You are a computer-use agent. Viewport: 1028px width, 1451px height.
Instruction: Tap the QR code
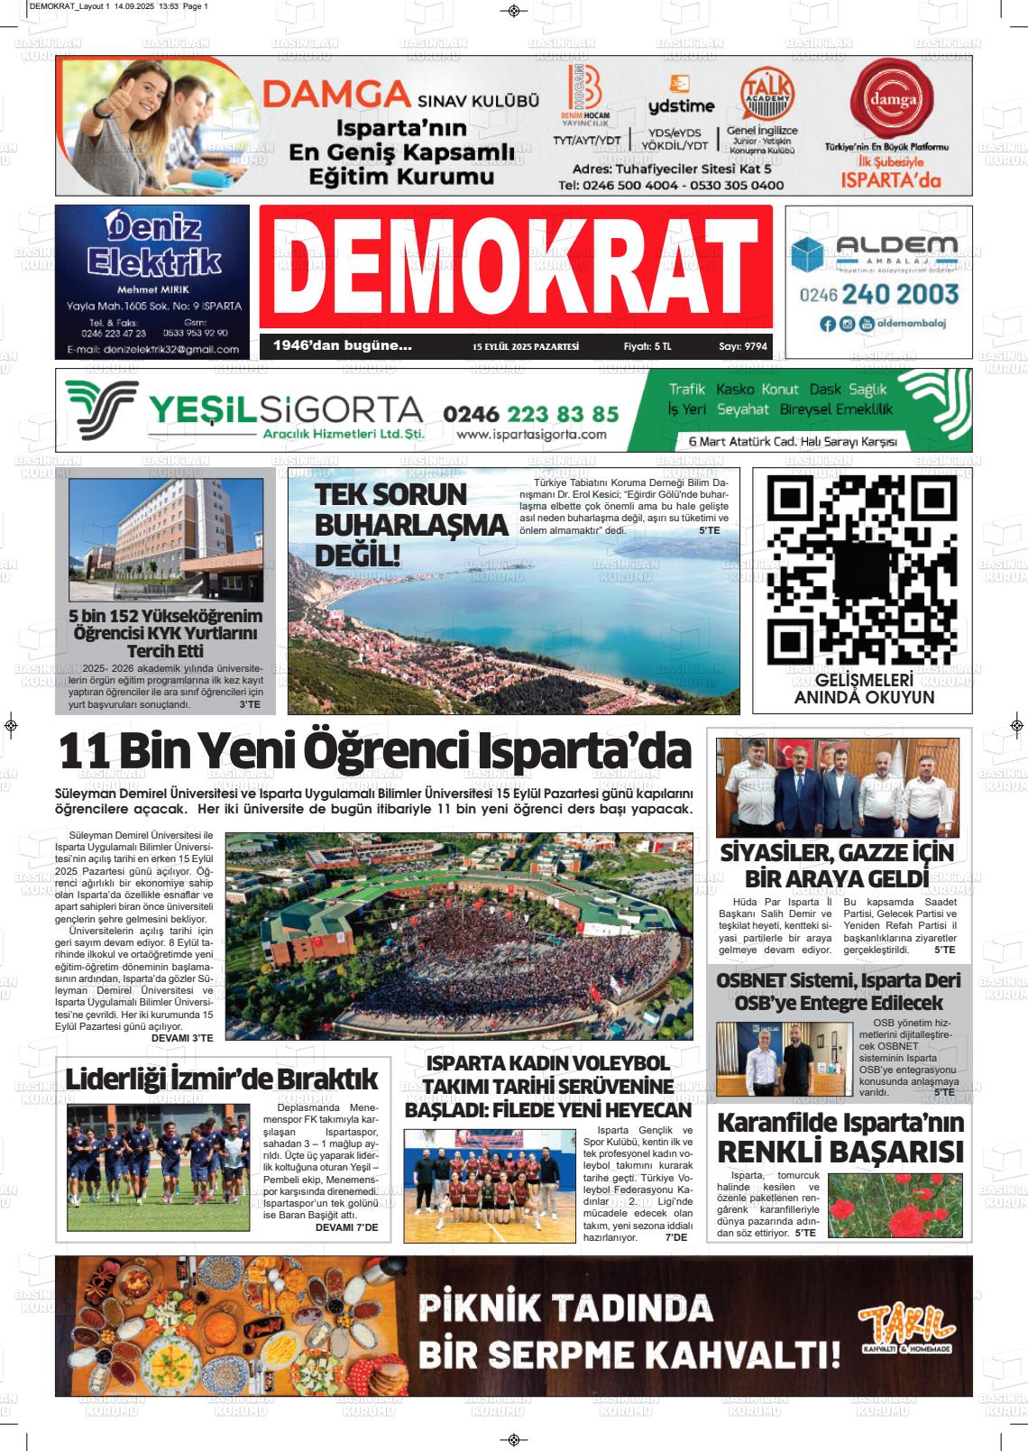coord(863,568)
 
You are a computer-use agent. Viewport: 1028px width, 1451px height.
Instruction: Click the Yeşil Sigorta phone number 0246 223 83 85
coord(531,414)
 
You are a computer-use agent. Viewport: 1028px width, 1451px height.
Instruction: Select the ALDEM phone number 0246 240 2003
coord(879,294)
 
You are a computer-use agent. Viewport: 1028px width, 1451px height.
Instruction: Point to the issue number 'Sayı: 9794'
coord(743,346)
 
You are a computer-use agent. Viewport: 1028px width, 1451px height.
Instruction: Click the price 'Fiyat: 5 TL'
coord(647,346)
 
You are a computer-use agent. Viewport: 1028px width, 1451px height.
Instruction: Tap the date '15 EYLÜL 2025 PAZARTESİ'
coord(526,346)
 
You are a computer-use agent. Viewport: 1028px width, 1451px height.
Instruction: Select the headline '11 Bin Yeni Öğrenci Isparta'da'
coord(375,750)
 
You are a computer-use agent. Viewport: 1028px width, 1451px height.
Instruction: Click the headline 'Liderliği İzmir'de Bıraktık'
coord(222,1079)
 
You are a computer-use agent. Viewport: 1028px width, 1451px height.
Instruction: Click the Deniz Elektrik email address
coord(152,349)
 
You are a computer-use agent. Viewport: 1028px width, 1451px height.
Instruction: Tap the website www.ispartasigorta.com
coord(532,435)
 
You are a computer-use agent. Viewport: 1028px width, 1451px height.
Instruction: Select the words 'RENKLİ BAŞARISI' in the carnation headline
coord(840,1152)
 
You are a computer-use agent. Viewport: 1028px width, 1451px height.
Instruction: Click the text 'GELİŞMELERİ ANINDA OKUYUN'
coord(863,688)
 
